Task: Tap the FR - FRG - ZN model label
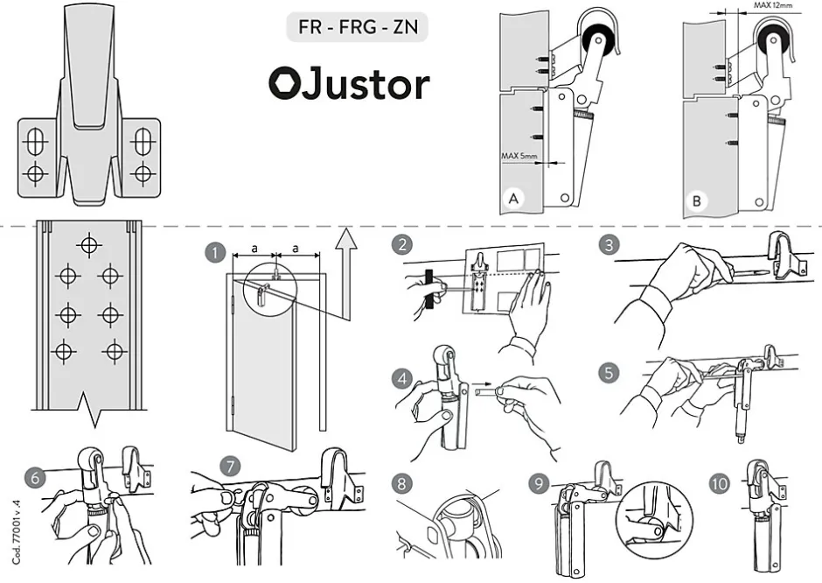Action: pyautogui.click(x=358, y=27)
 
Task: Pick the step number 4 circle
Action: pyautogui.click(x=401, y=378)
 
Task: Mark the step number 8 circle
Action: pyautogui.click(x=401, y=482)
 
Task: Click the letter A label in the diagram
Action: pyautogui.click(x=515, y=200)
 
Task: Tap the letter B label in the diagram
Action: pyautogui.click(x=697, y=200)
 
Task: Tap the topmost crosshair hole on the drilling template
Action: pyautogui.click(x=88, y=243)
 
